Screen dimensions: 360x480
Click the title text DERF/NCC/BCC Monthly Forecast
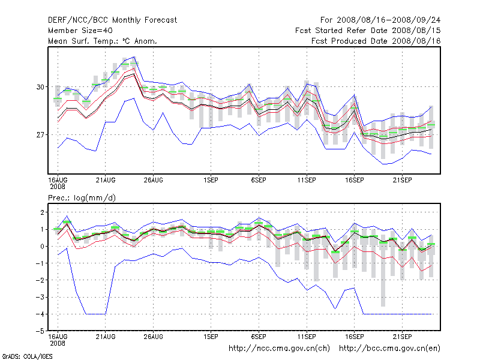pyautogui.click(x=112, y=20)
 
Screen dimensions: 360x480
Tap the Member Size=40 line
pyautogui.click(x=80, y=31)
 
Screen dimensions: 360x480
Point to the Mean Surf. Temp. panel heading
pyautogui.click(x=103, y=41)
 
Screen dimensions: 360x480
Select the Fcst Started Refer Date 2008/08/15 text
pyautogui.click(x=368, y=31)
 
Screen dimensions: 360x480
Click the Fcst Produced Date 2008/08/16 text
pyautogui.click(x=376, y=41)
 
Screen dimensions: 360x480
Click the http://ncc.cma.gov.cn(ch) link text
pyautogui.click(x=280, y=348)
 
